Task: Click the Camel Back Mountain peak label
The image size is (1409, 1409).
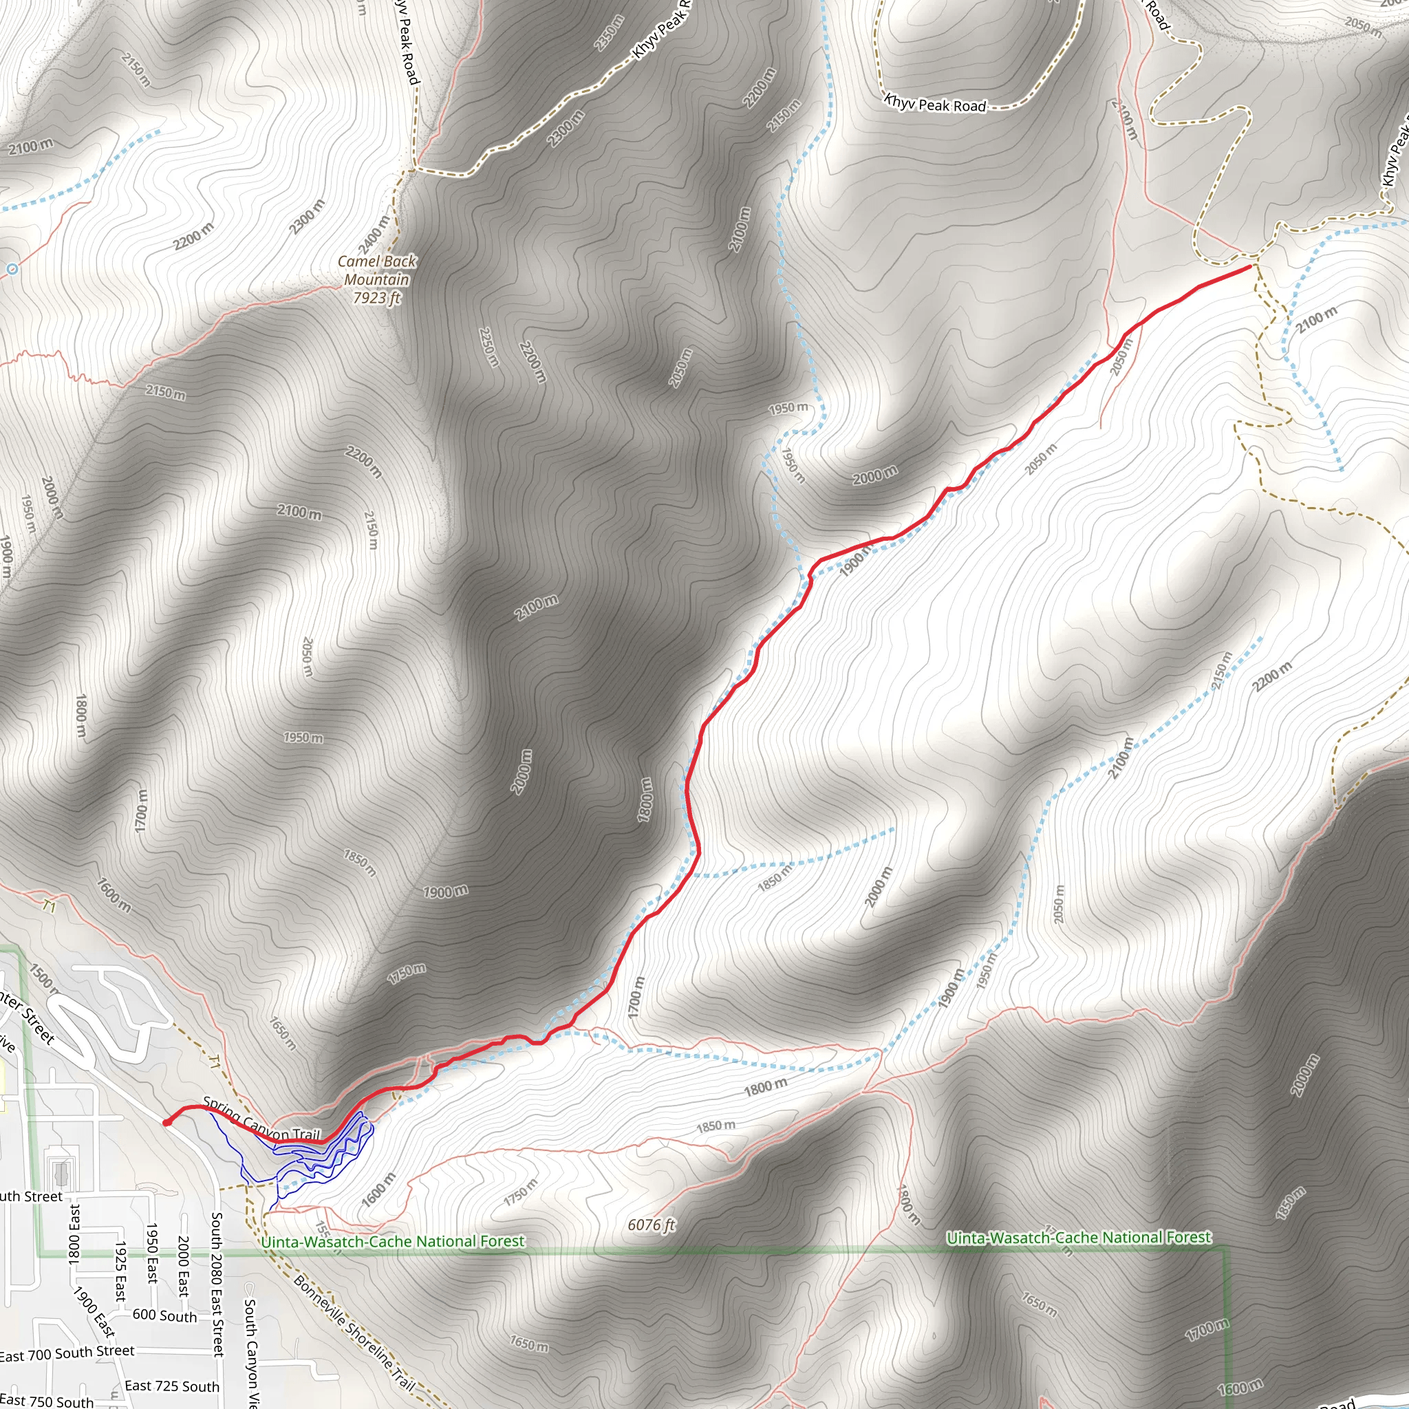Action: (x=376, y=279)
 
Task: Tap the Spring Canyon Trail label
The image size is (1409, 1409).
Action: (x=262, y=1119)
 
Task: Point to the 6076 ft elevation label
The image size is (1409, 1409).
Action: (x=652, y=1225)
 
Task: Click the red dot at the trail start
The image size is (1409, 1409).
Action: (x=167, y=1122)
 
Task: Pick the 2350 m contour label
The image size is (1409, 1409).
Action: (x=609, y=33)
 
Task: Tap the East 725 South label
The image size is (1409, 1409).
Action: (x=171, y=1386)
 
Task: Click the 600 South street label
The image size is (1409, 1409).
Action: (x=165, y=1315)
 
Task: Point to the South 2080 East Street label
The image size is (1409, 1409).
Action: (x=217, y=1284)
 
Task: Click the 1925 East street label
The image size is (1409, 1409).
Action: (x=120, y=1272)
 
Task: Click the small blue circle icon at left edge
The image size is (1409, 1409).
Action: (x=12, y=269)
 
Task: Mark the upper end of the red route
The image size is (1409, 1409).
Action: (x=1251, y=266)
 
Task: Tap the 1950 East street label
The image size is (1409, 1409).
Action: (x=151, y=1254)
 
